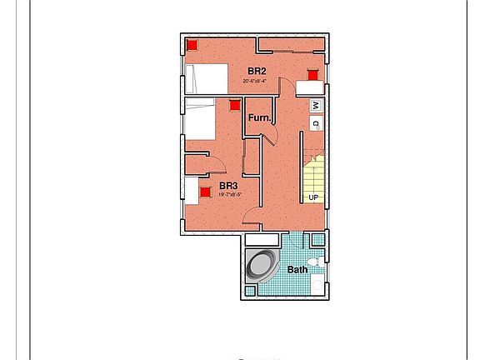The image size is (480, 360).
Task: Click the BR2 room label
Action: tap(257, 72)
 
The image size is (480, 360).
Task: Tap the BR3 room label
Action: tap(228, 186)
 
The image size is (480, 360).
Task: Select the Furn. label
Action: tap(259, 118)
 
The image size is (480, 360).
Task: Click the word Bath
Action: tap(297, 269)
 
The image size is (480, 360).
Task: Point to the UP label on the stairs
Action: tap(313, 197)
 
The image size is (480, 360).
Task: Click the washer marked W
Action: tap(316, 106)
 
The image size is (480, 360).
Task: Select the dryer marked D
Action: tap(316, 124)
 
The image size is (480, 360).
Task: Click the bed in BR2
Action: tap(206, 80)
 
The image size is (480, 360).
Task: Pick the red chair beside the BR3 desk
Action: tap(205, 192)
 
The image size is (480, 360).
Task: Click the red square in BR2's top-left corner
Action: tap(192, 46)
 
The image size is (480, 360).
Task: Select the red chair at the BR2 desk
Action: tap(312, 75)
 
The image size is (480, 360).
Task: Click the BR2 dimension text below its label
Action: tap(255, 82)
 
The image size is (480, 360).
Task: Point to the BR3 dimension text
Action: tap(230, 195)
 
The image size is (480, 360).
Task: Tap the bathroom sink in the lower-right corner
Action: tap(317, 286)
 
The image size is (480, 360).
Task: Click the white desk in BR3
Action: tap(192, 191)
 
